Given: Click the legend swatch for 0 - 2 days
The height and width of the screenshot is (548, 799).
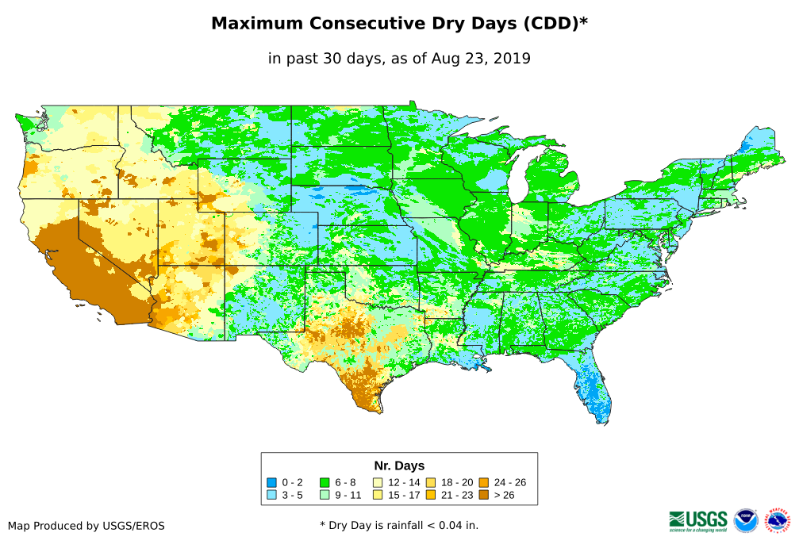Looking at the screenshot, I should point(272,482).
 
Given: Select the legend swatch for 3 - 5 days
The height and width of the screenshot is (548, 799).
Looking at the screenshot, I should point(272,494).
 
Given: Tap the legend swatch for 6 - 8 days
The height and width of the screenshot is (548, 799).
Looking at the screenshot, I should point(325,482).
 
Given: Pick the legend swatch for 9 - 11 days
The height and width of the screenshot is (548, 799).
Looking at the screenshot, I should point(325,494).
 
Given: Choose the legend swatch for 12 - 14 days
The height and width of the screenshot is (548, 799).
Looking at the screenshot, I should point(378,482).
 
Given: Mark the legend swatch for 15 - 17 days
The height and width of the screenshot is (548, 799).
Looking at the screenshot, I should point(378,494).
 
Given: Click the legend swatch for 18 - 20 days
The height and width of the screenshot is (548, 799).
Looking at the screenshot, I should point(430,482).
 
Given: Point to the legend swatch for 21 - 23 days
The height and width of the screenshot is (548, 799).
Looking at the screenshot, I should point(430,494).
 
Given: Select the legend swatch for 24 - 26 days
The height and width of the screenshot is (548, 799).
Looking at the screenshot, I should point(483,482).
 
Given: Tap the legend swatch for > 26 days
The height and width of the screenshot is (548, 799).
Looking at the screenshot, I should point(483,494).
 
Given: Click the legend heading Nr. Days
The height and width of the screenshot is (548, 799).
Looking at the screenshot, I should point(399,466).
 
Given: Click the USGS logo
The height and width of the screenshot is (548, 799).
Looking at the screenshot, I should point(698,520).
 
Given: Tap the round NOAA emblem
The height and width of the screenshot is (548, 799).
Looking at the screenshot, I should point(746,520).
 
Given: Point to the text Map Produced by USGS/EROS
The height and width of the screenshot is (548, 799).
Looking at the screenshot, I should point(86,526).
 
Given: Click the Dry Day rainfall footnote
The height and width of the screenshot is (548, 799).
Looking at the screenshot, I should point(399,525).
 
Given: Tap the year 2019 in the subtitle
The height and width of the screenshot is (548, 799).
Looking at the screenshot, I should point(512,58).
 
